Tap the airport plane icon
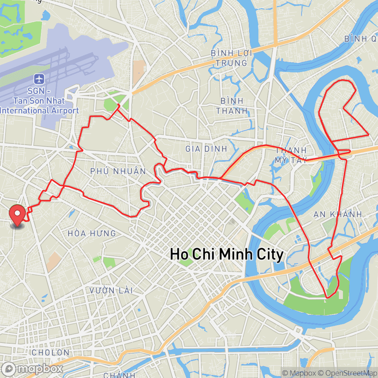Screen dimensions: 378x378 (x=39, y=79)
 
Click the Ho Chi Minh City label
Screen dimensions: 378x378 (x=226, y=254)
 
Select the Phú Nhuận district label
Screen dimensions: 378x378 (x=118, y=171)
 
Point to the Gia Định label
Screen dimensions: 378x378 (x=206, y=149)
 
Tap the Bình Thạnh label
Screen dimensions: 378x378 (x=231, y=106)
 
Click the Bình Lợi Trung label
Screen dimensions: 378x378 (x=231, y=58)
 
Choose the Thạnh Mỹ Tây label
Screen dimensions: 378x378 (x=291, y=155)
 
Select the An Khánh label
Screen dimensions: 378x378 (x=337, y=214)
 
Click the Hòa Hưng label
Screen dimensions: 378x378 (x=92, y=233)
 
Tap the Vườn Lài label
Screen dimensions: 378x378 (x=111, y=291)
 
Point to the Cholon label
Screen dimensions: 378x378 (x=50, y=353)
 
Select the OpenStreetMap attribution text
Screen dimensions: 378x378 (x=347, y=373)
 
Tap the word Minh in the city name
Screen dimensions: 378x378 (x=240, y=254)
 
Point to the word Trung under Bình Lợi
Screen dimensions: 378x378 (x=231, y=63)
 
